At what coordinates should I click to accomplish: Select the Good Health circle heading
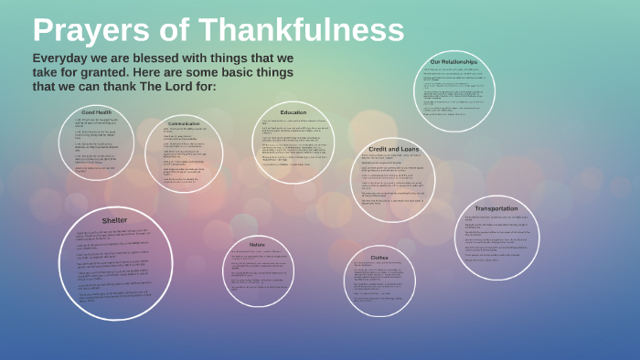pyautogui.click(x=96, y=112)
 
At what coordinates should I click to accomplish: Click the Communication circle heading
pyautogui.click(x=184, y=122)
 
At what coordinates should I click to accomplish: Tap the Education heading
pyautogui.click(x=293, y=112)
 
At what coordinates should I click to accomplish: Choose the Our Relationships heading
pyautogui.click(x=453, y=62)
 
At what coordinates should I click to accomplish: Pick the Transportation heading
pyautogui.click(x=497, y=208)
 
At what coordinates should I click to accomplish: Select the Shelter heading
pyautogui.click(x=114, y=220)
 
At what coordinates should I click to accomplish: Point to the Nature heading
pyautogui.click(x=257, y=244)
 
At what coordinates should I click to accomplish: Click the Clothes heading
pyautogui.click(x=379, y=258)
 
